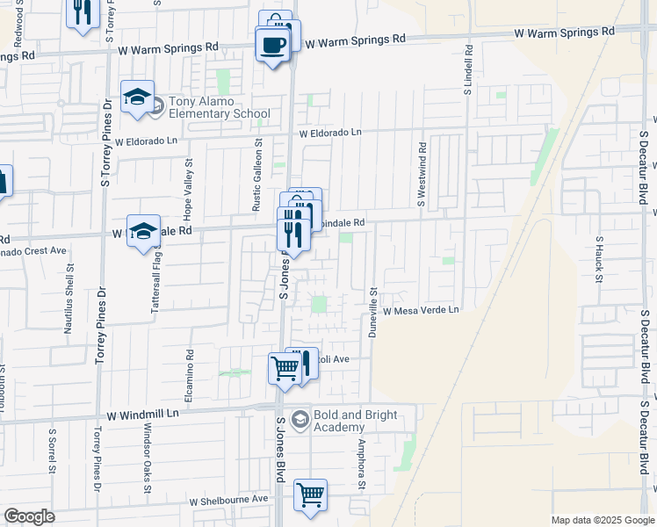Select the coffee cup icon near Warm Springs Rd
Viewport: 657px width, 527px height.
pyautogui.click(x=271, y=44)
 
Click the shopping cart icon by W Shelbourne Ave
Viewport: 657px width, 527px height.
pyautogui.click(x=310, y=495)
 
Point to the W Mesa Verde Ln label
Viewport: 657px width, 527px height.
pyautogui.click(x=420, y=310)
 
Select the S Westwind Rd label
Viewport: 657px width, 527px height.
pyautogui.click(x=422, y=176)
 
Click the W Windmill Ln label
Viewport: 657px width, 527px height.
pyautogui.click(x=143, y=413)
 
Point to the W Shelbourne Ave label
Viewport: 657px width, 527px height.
pyautogui.click(x=229, y=499)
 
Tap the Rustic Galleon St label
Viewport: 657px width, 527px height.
pyautogui.click(x=258, y=175)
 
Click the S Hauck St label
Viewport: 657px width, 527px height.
pyautogui.click(x=599, y=255)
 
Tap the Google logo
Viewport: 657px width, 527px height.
pyautogui.click(x=29, y=517)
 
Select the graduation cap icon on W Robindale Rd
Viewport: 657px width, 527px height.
pyautogui.click(x=142, y=232)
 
